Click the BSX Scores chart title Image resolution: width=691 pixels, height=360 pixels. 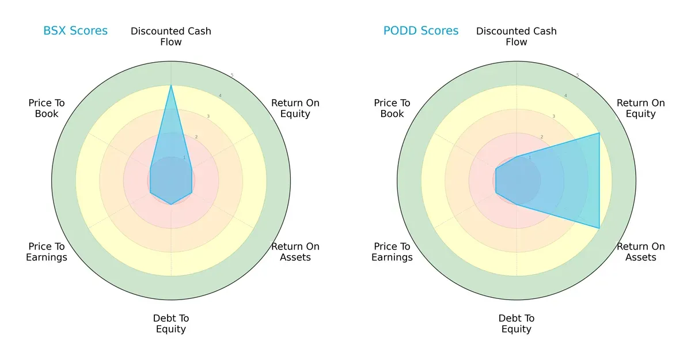75,31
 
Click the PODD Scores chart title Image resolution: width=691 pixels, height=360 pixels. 421,31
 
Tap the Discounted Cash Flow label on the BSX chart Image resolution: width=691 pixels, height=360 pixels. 171,36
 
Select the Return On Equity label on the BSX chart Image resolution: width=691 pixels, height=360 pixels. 295,108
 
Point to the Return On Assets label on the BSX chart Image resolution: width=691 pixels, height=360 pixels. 295,252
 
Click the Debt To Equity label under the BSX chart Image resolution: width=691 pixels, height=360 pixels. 171,324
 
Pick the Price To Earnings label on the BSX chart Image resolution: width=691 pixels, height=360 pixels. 47,252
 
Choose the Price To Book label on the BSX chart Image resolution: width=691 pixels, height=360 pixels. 47,108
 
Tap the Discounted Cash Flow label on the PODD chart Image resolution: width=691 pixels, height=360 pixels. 517,36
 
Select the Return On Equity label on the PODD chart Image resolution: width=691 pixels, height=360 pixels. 640,108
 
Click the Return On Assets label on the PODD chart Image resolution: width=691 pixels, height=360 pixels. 640,252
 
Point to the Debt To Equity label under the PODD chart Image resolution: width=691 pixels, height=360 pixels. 517,324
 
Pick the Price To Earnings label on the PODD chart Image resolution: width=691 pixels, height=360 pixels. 392,252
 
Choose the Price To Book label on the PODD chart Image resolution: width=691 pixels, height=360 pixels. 392,108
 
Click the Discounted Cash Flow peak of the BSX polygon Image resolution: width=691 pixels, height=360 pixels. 171,86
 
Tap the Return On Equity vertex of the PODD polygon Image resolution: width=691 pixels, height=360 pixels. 599,133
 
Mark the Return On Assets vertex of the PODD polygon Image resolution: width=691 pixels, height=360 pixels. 599,228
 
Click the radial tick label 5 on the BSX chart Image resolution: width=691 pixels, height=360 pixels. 232,75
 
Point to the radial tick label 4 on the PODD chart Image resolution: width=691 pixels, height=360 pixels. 565,96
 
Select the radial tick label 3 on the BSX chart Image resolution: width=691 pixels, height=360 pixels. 208,116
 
